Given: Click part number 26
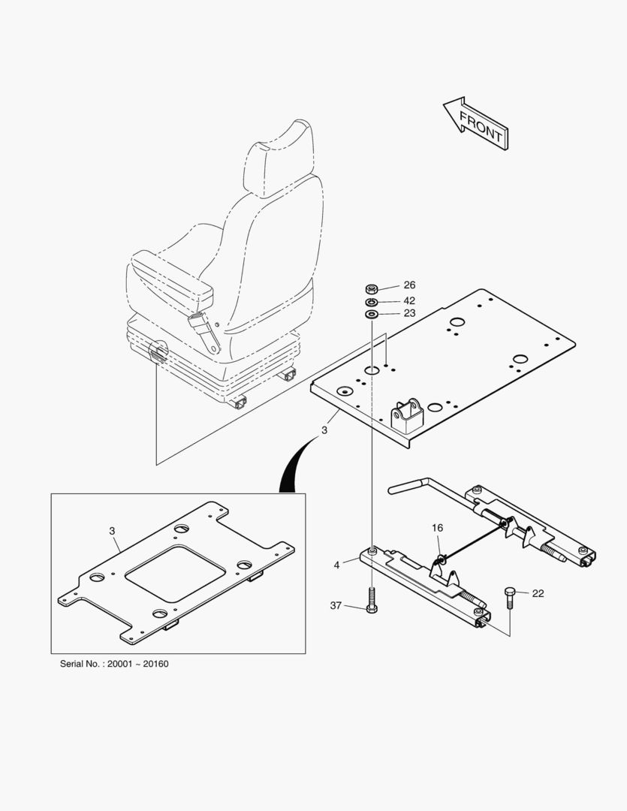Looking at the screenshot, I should pyautogui.click(x=409, y=285).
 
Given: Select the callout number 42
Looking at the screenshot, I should pyautogui.click(x=409, y=300).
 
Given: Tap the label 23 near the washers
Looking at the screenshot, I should pyautogui.click(x=409, y=314).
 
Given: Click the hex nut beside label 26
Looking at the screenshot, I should pyautogui.click(x=371, y=288).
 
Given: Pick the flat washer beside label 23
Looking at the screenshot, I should pyautogui.click(x=371, y=313).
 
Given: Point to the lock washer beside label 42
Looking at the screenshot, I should pyautogui.click(x=371, y=301).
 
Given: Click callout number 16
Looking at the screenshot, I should pyautogui.click(x=437, y=529).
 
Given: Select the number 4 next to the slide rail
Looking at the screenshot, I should pyautogui.click(x=337, y=565).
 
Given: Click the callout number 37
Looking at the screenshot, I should pyautogui.click(x=336, y=605).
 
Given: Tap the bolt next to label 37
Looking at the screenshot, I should pyautogui.click(x=371, y=603).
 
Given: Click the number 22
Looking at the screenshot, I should pyautogui.click(x=538, y=593).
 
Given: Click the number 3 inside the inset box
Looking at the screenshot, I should pyautogui.click(x=112, y=531).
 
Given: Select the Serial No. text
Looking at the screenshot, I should pyautogui.click(x=114, y=665).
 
